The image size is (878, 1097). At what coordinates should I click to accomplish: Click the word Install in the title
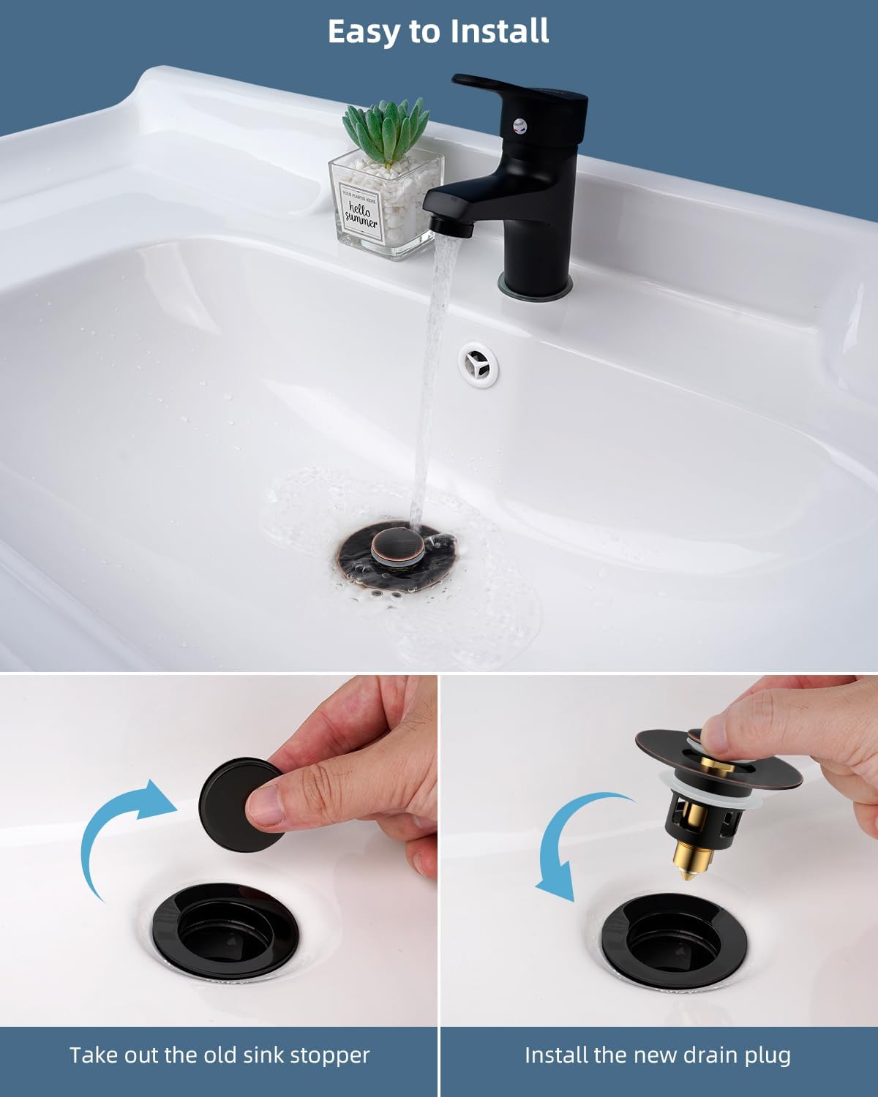point(499,31)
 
